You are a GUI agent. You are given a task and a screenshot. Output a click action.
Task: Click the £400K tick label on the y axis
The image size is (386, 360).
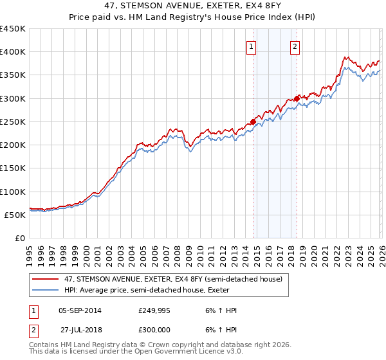[x=12, y=52]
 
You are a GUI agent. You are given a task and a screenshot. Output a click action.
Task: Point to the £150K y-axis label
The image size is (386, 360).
[x=12, y=168]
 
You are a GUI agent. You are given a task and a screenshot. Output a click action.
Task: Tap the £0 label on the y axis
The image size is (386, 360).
[x=20, y=239]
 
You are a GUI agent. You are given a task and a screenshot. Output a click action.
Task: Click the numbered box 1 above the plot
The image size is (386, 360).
[x=250, y=46]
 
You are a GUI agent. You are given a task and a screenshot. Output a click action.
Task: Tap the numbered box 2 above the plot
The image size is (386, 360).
[x=295, y=46]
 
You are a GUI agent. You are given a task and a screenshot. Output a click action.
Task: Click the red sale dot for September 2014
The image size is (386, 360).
[x=253, y=121]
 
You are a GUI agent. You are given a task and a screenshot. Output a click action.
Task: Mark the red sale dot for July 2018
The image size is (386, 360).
[x=297, y=98]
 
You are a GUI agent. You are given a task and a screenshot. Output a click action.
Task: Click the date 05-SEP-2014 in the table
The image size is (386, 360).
[x=79, y=310]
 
